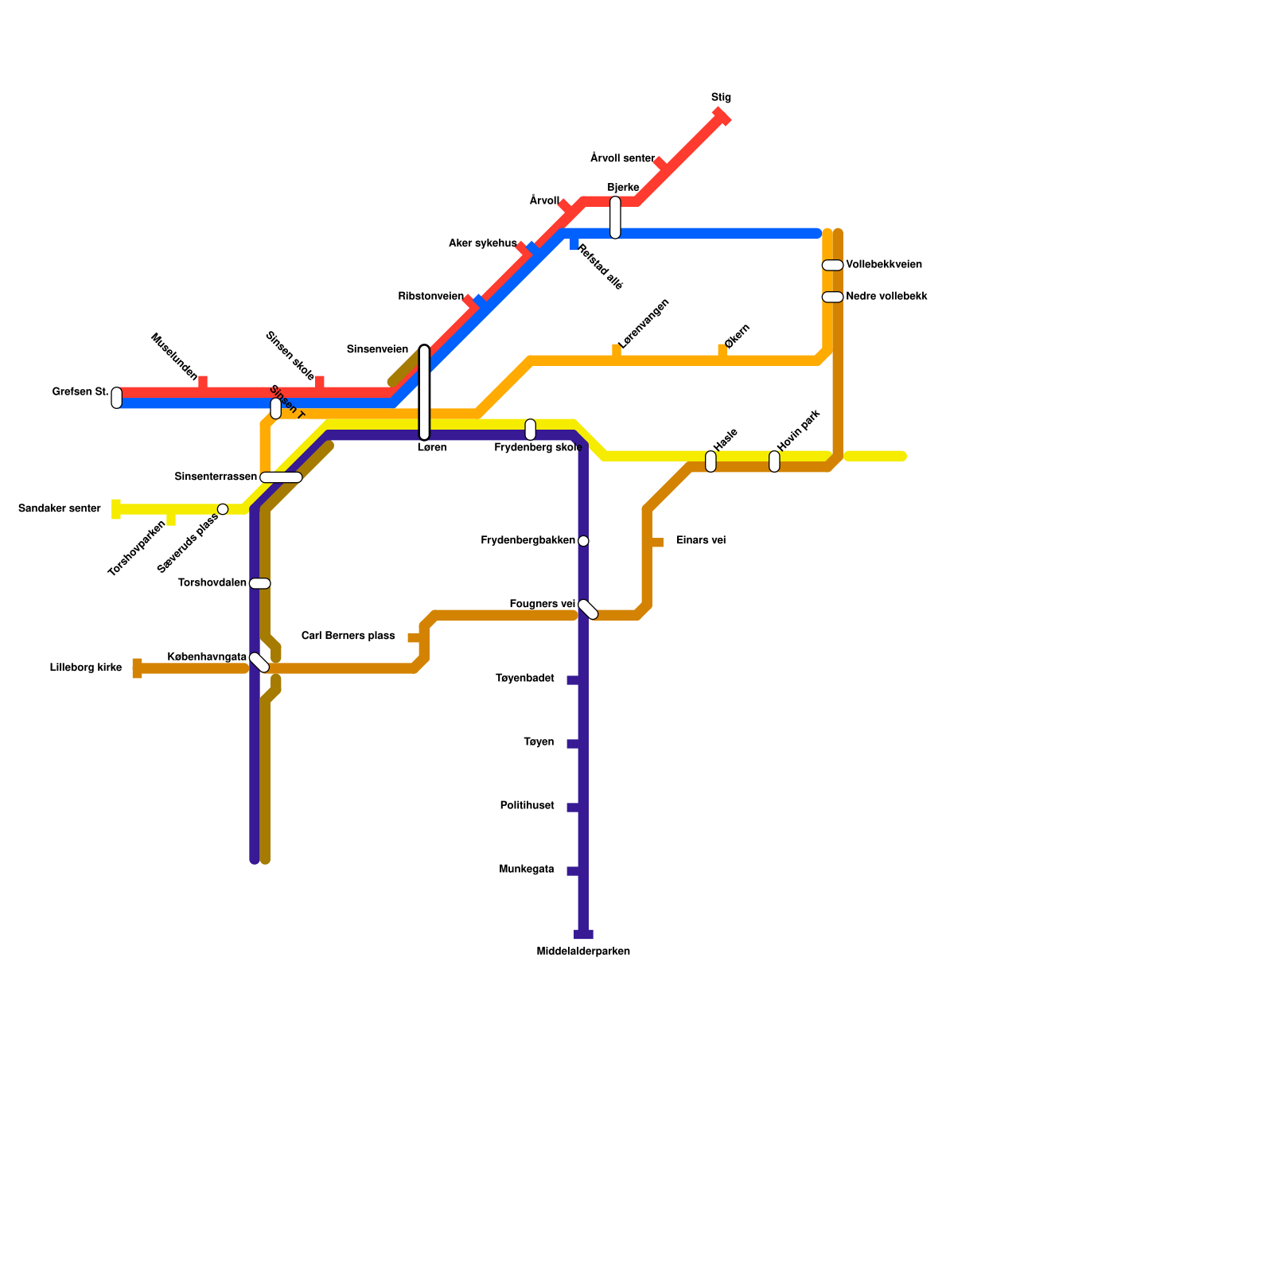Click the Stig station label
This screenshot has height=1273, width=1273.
coord(721,98)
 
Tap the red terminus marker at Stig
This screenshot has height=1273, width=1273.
coord(722,116)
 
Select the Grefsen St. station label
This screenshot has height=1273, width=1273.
coord(80,392)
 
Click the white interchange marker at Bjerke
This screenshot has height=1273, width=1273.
coord(615,217)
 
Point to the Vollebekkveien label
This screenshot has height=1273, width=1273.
coord(884,265)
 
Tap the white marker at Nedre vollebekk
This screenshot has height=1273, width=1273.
coord(832,297)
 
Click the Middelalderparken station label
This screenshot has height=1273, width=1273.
coord(583,952)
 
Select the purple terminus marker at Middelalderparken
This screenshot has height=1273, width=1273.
coord(583,934)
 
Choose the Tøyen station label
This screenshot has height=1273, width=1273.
coord(539,742)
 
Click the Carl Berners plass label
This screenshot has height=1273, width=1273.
coord(348,636)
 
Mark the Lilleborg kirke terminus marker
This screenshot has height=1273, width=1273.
coord(138,668)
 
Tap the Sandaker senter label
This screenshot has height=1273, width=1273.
coord(60,508)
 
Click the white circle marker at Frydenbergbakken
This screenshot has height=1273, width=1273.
coord(583,541)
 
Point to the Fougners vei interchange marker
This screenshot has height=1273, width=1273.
coord(588,609)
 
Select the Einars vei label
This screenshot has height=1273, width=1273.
coord(701,541)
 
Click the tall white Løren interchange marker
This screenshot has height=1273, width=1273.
coord(424,392)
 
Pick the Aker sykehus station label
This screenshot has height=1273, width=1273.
coord(482,243)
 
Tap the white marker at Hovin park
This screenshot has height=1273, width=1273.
coord(774,461)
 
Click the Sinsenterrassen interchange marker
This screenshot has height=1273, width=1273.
coord(281,477)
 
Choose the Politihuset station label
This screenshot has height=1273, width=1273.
coord(527,806)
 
